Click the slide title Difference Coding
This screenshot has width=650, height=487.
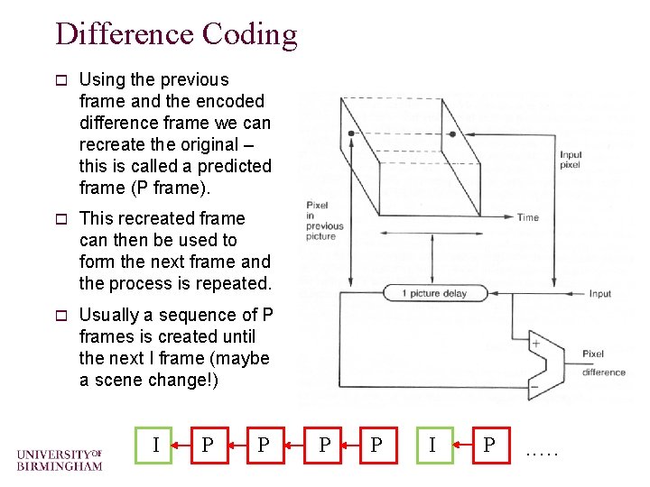pos(176,34)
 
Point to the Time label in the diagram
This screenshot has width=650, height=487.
pos(527,217)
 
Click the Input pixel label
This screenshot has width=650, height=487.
pos(571,160)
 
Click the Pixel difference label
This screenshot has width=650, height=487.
pos(603,363)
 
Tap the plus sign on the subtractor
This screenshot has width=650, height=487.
pos(535,344)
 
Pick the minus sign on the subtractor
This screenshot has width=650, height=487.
pos(534,385)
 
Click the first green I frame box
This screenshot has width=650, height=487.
pos(157,445)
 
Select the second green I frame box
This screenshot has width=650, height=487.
pos(433,445)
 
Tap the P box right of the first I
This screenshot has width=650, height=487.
pos(209,445)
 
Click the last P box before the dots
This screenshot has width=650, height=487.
pos(488,445)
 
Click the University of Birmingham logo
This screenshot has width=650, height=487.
pos(60,459)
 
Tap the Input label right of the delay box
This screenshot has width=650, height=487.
pos(599,294)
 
